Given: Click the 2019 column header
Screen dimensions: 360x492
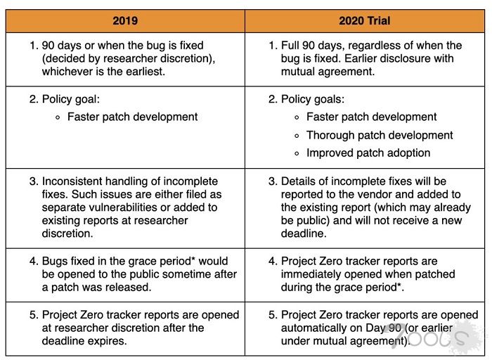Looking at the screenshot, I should click(126, 20).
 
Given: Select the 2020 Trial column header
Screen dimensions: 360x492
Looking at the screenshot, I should click(365, 20).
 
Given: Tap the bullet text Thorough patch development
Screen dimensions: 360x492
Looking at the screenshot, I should click(380, 135).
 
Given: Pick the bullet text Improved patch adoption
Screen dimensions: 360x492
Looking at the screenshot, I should click(368, 153).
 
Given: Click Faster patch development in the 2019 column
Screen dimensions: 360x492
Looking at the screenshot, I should click(132, 117).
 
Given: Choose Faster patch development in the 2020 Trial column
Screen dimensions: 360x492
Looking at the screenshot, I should click(371, 117).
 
